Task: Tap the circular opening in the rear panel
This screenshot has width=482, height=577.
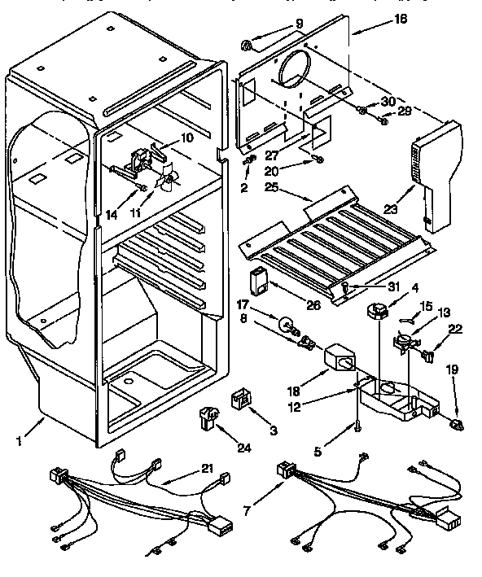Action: [292, 75]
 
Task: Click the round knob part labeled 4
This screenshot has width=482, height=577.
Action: [378, 309]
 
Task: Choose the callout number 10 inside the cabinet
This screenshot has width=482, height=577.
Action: [186, 138]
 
